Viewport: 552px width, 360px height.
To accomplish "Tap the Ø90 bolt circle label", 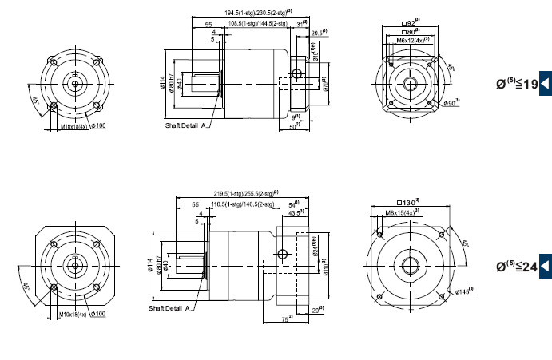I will point(452,103).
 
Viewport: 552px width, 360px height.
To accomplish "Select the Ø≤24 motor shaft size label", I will point(517,266).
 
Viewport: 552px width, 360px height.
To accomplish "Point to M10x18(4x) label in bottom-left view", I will point(73,314).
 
